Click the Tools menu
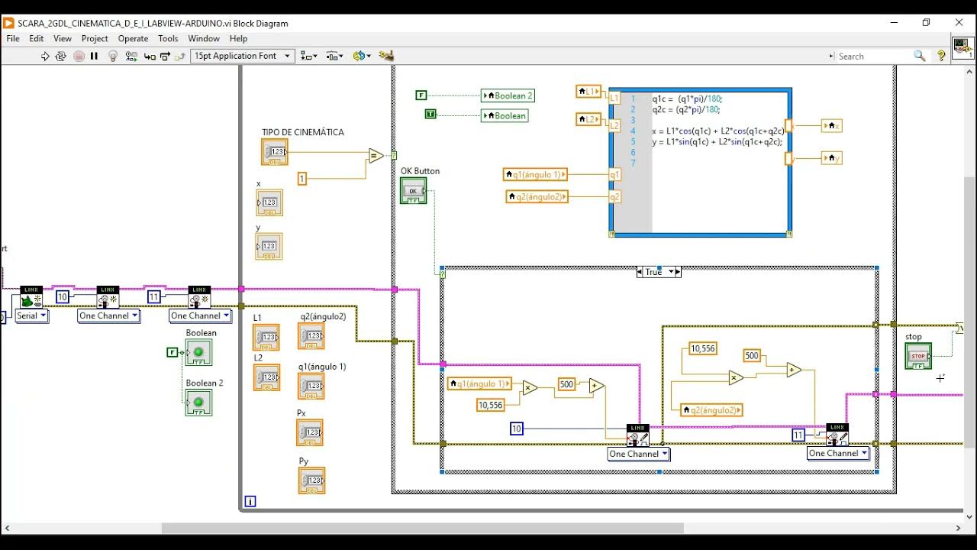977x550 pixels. [x=168, y=38]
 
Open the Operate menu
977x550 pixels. [x=133, y=38]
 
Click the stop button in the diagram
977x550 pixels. [x=918, y=356]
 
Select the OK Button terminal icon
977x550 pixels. [x=414, y=190]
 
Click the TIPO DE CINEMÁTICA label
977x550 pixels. [x=302, y=132]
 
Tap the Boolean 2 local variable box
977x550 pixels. [x=508, y=95]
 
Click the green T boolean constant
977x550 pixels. [x=430, y=114]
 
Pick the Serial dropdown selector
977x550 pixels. [x=31, y=315]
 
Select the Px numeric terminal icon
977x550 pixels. [x=310, y=432]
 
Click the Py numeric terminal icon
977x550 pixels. [x=311, y=480]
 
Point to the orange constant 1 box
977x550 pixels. [x=302, y=179]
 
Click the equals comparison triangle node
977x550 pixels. [x=375, y=156]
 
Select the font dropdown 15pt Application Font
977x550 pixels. [x=242, y=56]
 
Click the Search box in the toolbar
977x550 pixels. [x=874, y=56]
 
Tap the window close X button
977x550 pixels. [x=959, y=23]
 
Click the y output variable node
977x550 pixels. [x=831, y=158]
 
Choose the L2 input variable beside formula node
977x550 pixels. [x=588, y=119]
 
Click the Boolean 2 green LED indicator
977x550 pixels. [x=198, y=402]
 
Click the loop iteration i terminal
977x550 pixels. [x=250, y=501]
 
